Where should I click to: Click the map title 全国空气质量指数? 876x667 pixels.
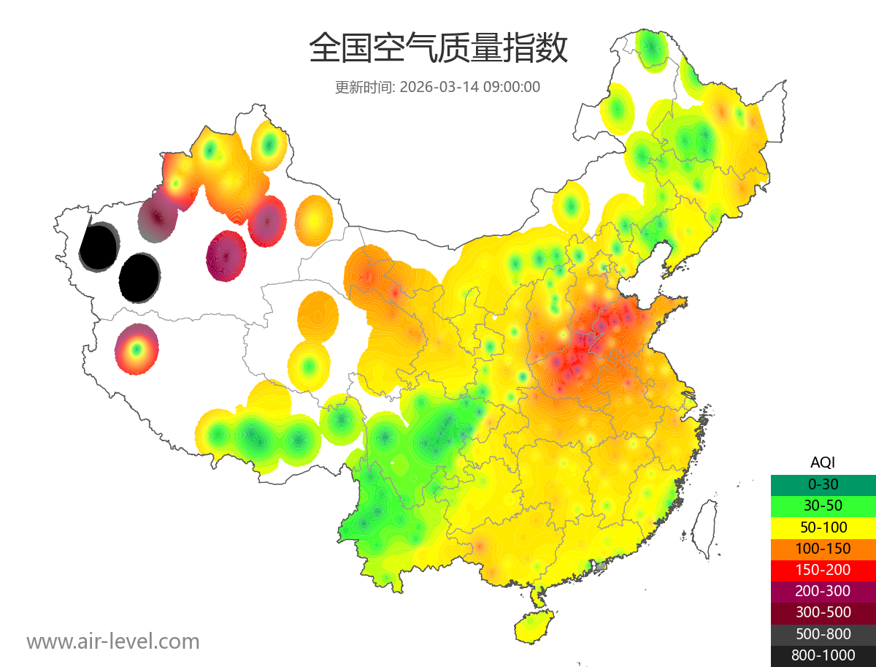pyautogui.click(x=438, y=49)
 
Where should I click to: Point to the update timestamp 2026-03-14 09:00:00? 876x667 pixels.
pyautogui.click(x=470, y=87)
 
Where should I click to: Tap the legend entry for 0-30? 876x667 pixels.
pyautogui.click(x=823, y=484)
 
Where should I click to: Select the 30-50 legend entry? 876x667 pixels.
pyautogui.click(x=823, y=506)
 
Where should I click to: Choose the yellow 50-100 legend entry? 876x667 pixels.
pyautogui.click(x=823, y=527)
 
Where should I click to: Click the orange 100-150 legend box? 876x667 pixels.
pyautogui.click(x=823, y=549)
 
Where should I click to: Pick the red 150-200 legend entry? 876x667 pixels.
pyautogui.click(x=823, y=570)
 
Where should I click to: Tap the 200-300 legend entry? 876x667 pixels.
pyautogui.click(x=823, y=591)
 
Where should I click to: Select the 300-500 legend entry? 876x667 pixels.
pyautogui.click(x=823, y=613)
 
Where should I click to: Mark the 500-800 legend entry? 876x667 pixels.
pyautogui.click(x=823, y=634)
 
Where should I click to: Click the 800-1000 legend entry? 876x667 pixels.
pyautogui.click(x=823, y=655)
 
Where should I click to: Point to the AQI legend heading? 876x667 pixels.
pyautogui.click(x=823, y=462)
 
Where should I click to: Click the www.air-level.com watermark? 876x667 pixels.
pyautogui.click(x=113, y=642)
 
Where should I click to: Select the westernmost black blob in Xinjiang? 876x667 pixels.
pyautogui.click(x=99, y=246)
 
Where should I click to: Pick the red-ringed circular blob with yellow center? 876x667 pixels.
pyautogui.click(x=137, y=349)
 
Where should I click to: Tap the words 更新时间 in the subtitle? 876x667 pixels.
pyautogui.click(x=364, y=87)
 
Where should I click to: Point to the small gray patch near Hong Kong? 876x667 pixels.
pyautogui.click(x=601, y=566)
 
